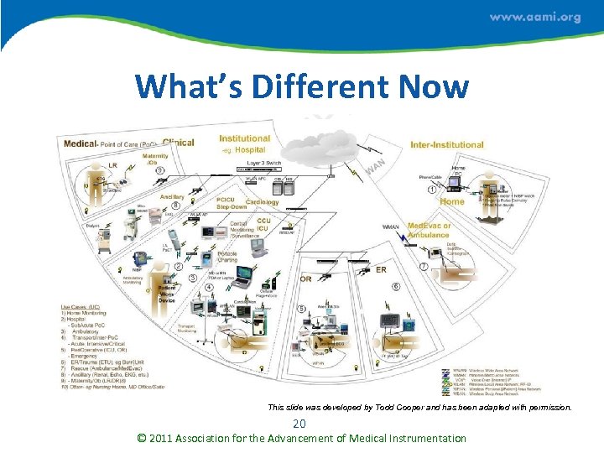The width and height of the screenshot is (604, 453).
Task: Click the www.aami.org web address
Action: pos(534,18)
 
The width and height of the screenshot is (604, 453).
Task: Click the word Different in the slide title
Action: pos(306,86)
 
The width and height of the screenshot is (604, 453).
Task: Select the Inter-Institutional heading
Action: pos(446,145)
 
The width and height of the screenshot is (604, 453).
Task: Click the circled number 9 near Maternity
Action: pos(159,170)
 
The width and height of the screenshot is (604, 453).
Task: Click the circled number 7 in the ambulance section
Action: pos(424,266)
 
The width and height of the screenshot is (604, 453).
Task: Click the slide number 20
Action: pos(299,424)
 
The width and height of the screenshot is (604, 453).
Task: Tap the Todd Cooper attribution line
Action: pos(419,408)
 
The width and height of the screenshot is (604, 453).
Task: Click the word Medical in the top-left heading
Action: pos(81,144)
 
